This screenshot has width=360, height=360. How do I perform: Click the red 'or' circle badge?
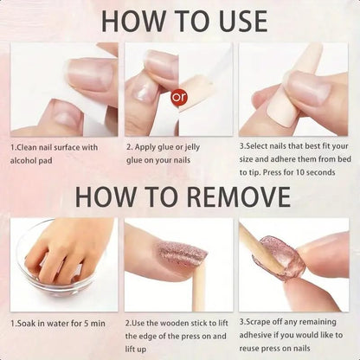pyautogui.click(x=179, y=97)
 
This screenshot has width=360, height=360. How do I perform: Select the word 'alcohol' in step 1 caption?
pyautogui.click(x=22, y=160)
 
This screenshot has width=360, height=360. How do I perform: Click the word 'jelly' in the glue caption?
pyautogui.click(x=192, y=147)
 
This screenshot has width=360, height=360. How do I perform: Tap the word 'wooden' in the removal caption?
pyautogui.click(x=173, y=323)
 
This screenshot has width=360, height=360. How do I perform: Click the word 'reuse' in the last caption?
pyautogui.click(x=248, y=349)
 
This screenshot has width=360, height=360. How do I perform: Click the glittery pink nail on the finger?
pyautogui.click(x=182, y=254)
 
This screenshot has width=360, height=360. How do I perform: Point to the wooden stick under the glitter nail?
pyautogui.click(x=199, y=286)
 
